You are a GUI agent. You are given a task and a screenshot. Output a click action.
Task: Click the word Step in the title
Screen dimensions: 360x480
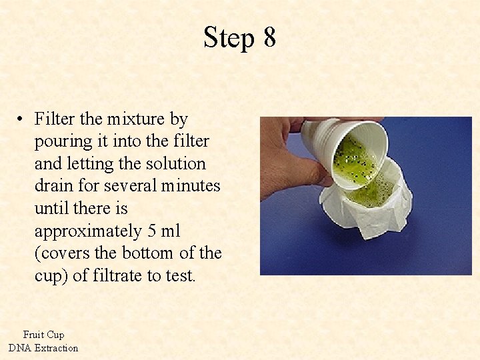[x=229, y=38]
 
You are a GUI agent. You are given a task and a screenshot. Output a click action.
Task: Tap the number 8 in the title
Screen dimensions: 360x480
[x=269, y=38]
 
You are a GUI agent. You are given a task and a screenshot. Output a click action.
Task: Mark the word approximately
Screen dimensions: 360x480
[x=87, y=231]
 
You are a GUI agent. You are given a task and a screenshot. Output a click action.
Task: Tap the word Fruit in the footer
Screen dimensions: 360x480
[x=33, y=335]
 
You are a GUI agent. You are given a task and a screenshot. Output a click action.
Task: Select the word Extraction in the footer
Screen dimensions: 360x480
[x=57, y=348]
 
